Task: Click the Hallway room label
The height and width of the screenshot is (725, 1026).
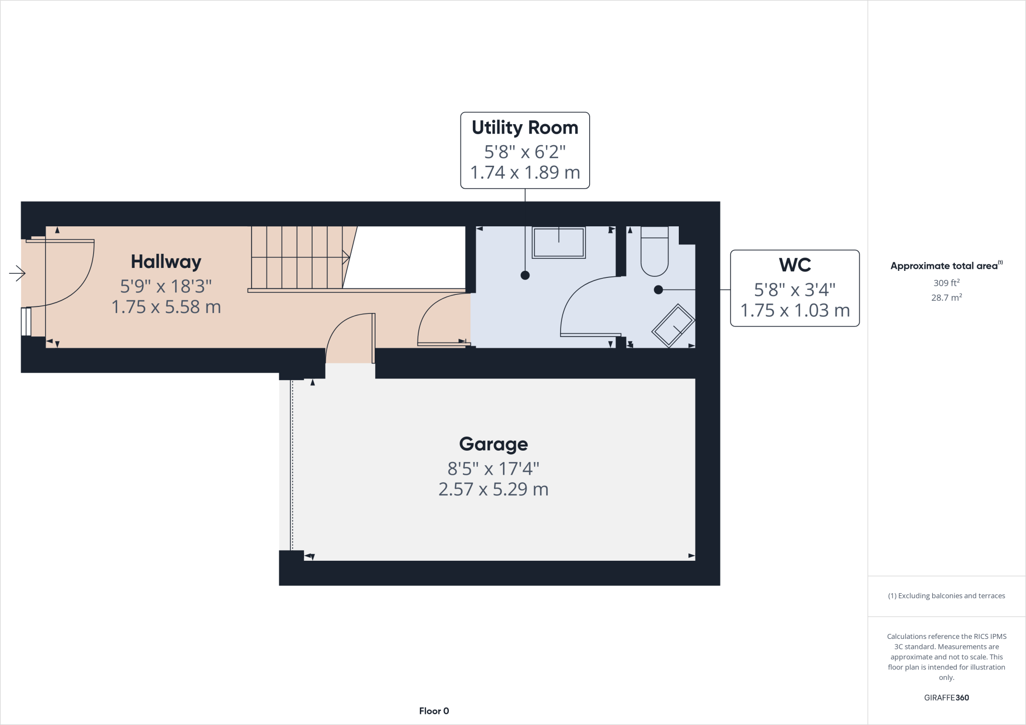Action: point(166,262)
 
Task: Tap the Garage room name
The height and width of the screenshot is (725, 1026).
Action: point(493,444)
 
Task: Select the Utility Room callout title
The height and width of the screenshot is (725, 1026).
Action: point(525,128)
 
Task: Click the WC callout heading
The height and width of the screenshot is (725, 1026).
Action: point(795,265)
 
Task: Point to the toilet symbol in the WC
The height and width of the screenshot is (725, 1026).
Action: point(654,252)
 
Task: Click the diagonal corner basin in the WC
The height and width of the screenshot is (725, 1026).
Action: point(673,325)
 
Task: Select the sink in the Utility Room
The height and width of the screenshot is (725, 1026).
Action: point(559,243)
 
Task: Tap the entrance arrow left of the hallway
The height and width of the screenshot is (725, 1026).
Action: point(17,273)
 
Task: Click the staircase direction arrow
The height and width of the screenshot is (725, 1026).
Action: point(345,257)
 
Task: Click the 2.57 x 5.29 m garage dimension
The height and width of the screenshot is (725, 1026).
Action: point(493,489)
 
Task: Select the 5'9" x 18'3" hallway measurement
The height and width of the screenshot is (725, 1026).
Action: point(166,286)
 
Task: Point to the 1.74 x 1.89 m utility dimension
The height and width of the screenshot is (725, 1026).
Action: point(525,173)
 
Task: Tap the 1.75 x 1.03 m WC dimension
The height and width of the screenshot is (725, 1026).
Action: point(795,310)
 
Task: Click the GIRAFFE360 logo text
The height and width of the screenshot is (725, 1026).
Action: point(946,697)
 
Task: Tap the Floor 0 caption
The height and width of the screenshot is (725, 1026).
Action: point(434,711)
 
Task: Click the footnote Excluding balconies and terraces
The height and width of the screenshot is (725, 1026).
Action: point(946,596)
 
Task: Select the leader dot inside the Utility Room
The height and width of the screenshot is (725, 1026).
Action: point(525,275)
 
